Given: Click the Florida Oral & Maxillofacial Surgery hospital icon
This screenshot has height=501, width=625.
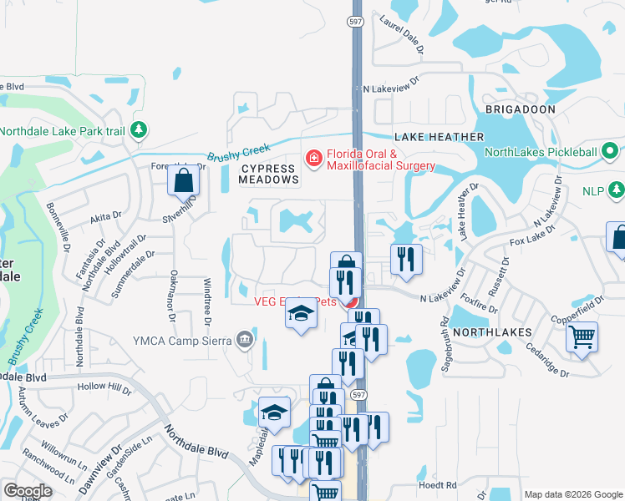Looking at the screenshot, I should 314,158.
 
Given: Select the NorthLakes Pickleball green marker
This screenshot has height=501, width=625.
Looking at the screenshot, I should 611,152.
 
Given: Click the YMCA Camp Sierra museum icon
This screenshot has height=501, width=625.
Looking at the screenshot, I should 244,339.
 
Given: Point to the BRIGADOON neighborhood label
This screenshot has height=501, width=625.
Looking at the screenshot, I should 520,109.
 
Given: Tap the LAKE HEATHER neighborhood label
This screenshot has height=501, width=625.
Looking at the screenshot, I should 439,136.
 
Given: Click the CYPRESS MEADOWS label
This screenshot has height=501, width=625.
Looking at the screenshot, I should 269,174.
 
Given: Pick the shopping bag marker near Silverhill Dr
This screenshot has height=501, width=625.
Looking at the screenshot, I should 183,180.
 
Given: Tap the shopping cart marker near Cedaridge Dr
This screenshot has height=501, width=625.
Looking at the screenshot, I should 582,338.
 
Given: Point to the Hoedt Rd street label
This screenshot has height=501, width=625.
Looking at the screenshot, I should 438,484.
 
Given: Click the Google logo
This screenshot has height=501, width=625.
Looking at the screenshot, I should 28,491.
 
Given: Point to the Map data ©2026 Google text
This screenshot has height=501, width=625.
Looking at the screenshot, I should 573,494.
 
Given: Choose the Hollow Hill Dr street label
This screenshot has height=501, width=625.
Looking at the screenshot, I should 104,388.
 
